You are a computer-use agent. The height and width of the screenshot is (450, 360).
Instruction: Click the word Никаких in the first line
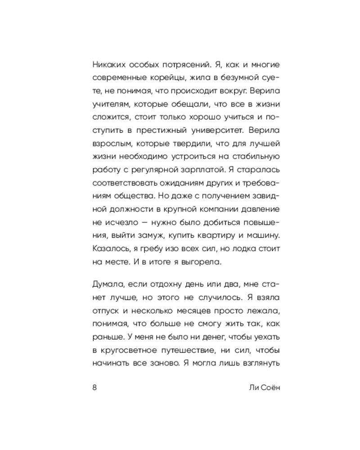pos(109,64)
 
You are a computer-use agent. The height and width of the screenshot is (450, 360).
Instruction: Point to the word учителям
pos(110,103)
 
